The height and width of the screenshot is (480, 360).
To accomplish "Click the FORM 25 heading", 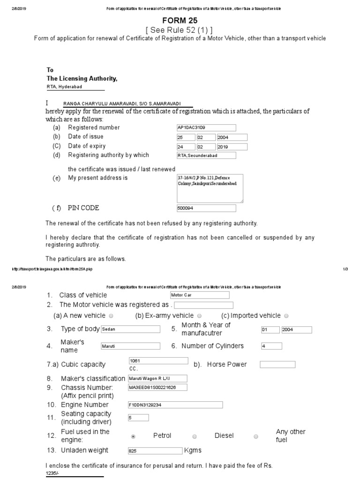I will pyautogui.click(x=180, y=21).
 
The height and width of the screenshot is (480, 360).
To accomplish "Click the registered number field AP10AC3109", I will pyautogui.click(x=206, y=127).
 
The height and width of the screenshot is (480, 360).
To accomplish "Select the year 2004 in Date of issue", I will pyautogui.click(x=232, y=137).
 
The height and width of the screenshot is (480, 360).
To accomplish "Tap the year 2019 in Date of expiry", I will pyautogui.click(x=232, y=147).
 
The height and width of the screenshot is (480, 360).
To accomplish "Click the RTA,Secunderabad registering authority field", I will pyautogui.click(x=206, y=156).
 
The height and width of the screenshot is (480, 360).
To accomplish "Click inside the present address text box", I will pyautogui.click(x=210, y=188).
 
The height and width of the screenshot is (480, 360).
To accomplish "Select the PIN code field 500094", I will pyautogui.click(x=206, y=209).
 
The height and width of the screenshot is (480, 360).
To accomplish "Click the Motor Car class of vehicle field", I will pyautogui.click(x=199, y=295).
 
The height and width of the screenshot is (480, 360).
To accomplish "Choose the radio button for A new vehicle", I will pyautogui.click(x=111, y=316).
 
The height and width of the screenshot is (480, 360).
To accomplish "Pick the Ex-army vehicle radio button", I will pyautogui.click(x=200, y=316).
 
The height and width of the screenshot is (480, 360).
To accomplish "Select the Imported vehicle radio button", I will pyautogui.click(x=286, y=316).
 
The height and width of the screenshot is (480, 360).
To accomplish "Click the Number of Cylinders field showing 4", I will pyautogui.click(x=271, y=346).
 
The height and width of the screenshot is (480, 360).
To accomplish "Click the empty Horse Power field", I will pyautogui.click(x=277, y=365).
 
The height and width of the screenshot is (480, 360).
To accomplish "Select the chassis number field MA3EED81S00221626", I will pyautogui.click(x=157, y=387).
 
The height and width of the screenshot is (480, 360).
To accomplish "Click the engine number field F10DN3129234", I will pyautogui.click(x=175, y=405).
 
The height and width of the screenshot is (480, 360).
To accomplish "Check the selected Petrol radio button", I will pyautogui.click(x=134, y=436).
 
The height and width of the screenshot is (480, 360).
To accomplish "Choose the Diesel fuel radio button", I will pyautogui.click(x=195, y=436).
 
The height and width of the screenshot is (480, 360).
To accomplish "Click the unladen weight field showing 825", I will pyautogui.click(x=155, y=451).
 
